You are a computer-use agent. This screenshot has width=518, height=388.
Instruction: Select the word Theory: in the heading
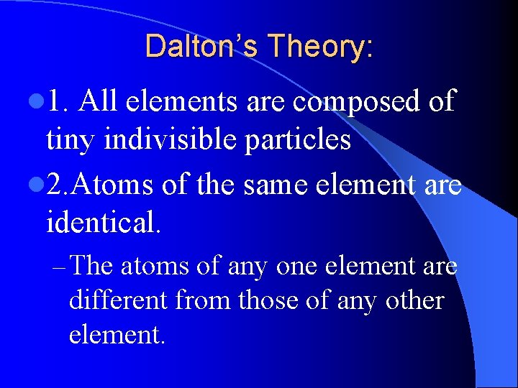click(x=320, y=48)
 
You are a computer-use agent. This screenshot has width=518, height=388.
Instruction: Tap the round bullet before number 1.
click(x=35, y=103)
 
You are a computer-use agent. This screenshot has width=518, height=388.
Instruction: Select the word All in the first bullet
click(x=99, y=101)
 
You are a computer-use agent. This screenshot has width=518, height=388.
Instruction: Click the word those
click(x=273, y=300)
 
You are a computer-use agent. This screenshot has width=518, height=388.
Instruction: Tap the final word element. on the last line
click(x=117, y=333)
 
